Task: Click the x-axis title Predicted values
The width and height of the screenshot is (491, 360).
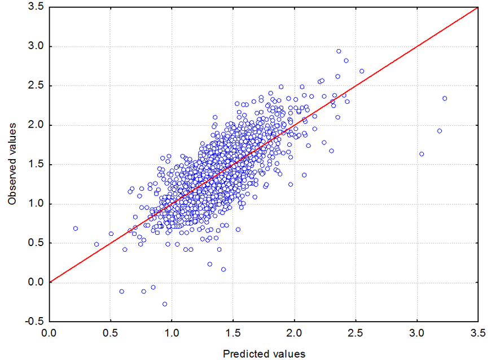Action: tap(264, 354)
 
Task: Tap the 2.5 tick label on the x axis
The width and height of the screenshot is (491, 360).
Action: tap(356, 333)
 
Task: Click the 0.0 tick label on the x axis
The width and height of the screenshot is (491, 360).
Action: tap(50, 333)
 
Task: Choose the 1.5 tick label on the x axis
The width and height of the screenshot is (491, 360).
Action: tap(233, 333)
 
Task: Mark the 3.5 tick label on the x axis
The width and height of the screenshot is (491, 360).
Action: tap(478, 333)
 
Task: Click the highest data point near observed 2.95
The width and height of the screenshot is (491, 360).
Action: tap(339, 51)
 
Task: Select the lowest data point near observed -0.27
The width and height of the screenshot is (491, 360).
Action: tap(165, 304)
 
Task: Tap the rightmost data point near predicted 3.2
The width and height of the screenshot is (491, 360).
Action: tap(445, 98)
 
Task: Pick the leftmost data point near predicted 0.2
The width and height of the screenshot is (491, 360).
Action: tap(75, 229)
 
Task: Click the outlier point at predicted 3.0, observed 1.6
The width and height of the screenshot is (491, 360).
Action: tap(422, 153)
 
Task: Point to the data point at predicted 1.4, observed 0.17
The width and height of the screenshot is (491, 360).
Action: tap(223, 269)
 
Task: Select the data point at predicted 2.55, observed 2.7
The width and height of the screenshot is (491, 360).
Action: tap(362, 71)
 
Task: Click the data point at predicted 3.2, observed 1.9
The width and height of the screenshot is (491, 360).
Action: tap(440, 131)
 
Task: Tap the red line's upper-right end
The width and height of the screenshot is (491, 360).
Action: tap(477, 7)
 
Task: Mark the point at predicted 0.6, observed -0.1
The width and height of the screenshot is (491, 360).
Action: tap(121, 291)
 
